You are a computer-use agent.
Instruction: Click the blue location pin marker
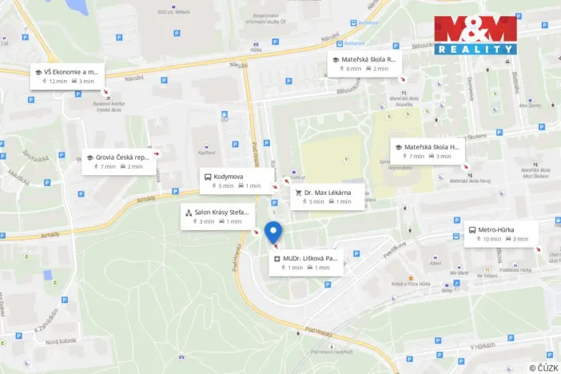point(273,233)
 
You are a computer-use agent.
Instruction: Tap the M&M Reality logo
point(475,35)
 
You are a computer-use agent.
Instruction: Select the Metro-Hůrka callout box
point(501,234)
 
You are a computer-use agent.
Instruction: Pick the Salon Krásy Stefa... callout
point(217,217)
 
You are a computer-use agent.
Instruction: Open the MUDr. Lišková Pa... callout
point(308,263)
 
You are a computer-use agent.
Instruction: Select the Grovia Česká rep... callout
point(118,161)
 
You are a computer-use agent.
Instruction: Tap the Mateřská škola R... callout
point(364,64)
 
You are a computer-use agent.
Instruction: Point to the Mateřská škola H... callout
point(427,151)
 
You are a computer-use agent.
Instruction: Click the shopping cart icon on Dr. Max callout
point(298,193)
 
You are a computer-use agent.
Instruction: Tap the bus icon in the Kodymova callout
point(208,177)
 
